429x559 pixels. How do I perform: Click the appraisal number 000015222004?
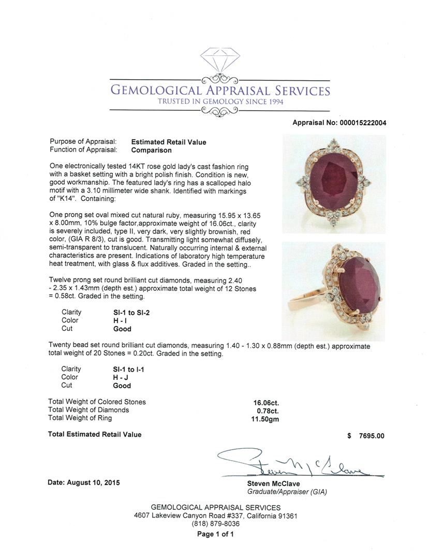pyautogui.click(x=363, y=123)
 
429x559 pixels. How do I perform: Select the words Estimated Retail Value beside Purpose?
pyautogui.click(x=169, y=142)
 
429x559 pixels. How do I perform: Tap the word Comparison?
pyautogui.click(x=151, y=151)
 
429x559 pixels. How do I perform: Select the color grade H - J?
pyautogui.click(x=121, y=377)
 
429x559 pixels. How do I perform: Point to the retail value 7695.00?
pyautogui.click(x=372, y=436)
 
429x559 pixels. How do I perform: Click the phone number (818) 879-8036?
pyautogui.click(x=215, y=524)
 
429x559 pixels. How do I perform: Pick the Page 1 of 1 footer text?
pyautogui.click(x=215, y=534)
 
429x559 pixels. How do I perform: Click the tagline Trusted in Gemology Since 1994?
pyautogui.click(x=220, y=102)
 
